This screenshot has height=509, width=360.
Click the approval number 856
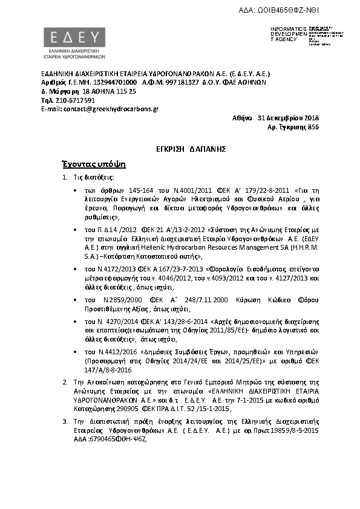click(x=313, y=127)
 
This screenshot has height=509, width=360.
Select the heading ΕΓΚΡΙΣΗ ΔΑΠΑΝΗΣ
click(x=180, y=148)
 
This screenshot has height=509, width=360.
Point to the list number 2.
click(x=65, y=383)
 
